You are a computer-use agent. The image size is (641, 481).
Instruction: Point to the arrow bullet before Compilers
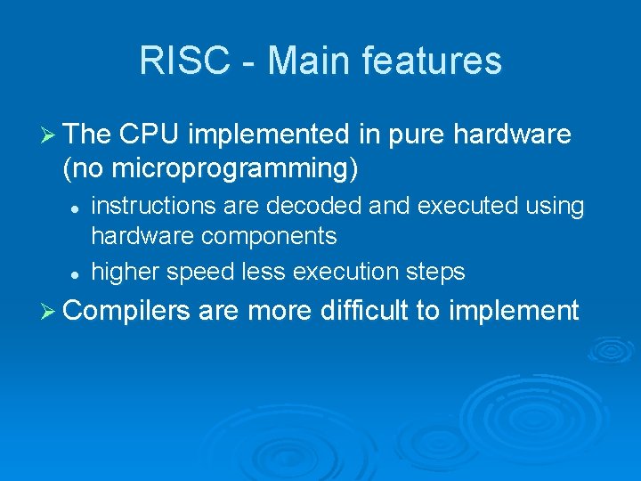(50, 311)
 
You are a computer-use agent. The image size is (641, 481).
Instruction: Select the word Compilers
(127, 311)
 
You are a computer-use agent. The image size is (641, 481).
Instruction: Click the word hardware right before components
(142, 236)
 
